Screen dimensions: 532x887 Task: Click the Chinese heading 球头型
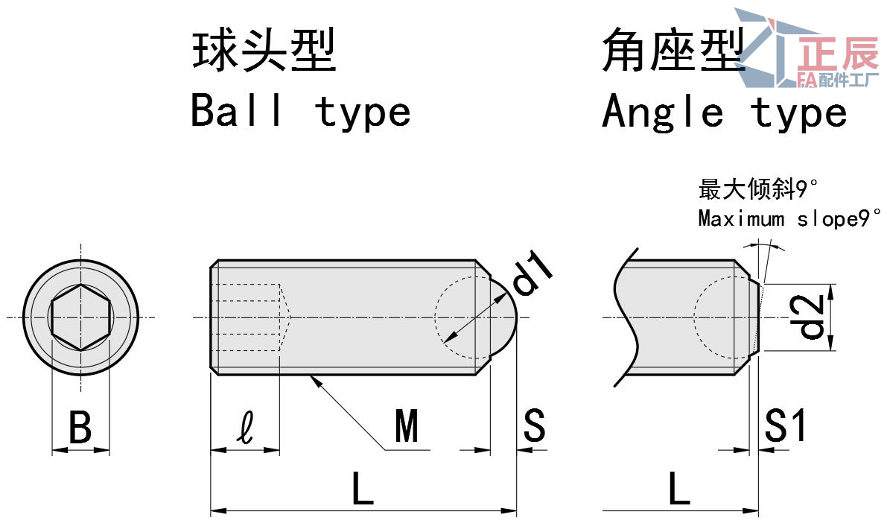click(264, 51)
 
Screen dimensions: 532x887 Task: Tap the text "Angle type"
click(724, 113)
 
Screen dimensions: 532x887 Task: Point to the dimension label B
click(80, 428)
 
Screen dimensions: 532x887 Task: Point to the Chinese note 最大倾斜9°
click(752, 189)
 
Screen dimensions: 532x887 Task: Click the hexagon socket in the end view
click(80, 317)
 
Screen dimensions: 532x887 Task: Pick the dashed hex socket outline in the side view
click(253, 317)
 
